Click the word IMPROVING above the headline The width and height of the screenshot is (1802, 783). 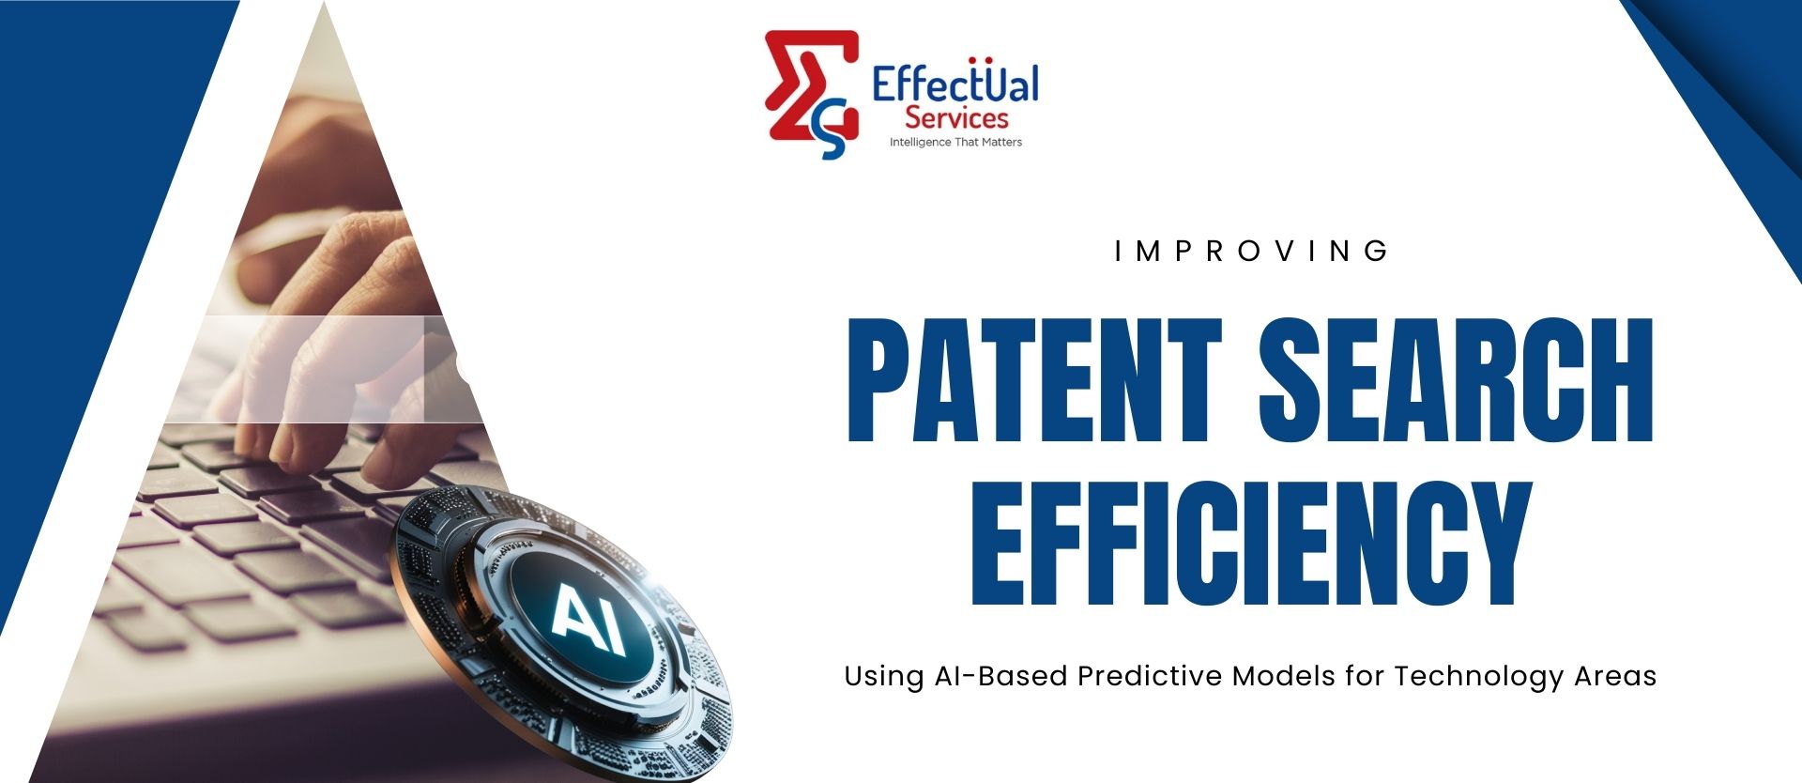[1253, 252]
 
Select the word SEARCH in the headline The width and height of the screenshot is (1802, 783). [1455, 380]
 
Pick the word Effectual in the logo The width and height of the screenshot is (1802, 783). [955, 84]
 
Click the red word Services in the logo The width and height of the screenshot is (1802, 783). [956, 119]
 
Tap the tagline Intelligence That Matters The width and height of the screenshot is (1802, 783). [955, 143]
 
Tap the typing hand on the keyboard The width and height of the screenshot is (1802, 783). [328, 357]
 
